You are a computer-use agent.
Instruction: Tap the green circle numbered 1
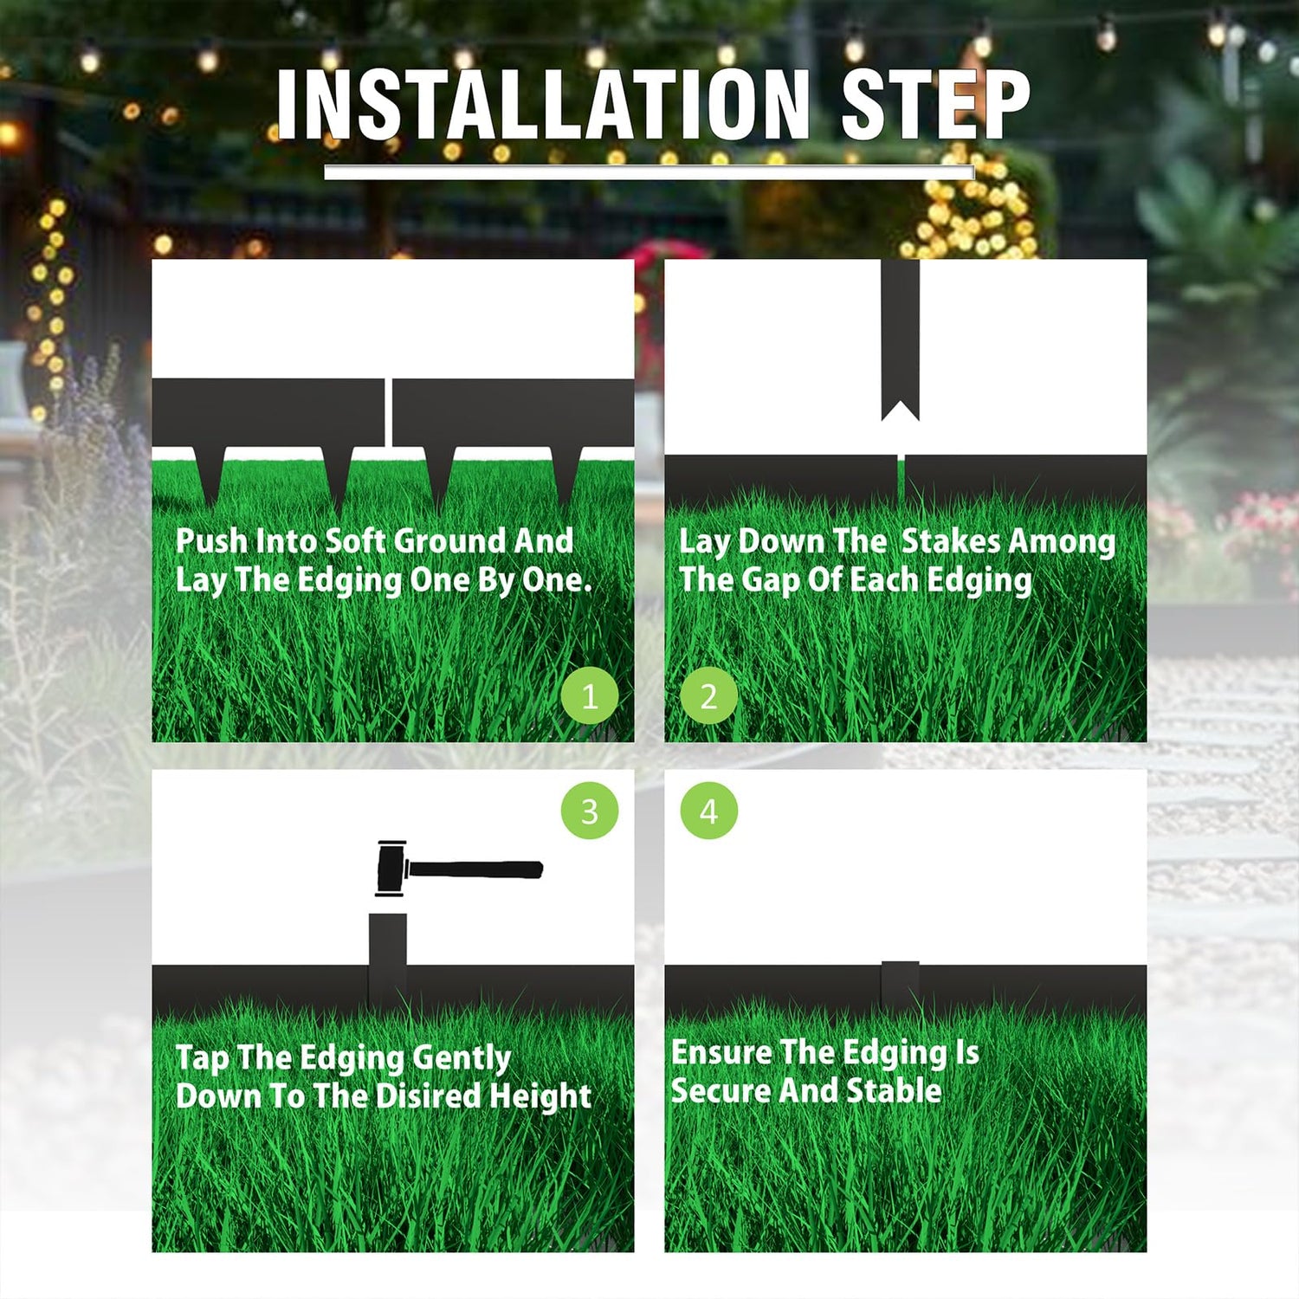coord(590,696)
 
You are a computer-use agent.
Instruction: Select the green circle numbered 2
coord(708,696)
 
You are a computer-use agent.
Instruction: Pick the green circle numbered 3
coord(590,811)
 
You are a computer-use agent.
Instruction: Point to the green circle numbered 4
coord(708,811)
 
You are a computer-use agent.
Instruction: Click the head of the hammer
coord(391,869)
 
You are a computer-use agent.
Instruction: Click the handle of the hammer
coord(475,869)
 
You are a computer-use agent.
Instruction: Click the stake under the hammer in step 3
coord(387,960)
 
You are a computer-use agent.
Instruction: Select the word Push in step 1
coord(211,541)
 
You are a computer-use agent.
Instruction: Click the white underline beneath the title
coord(649,172)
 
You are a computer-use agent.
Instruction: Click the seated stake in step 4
coord(900,985)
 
